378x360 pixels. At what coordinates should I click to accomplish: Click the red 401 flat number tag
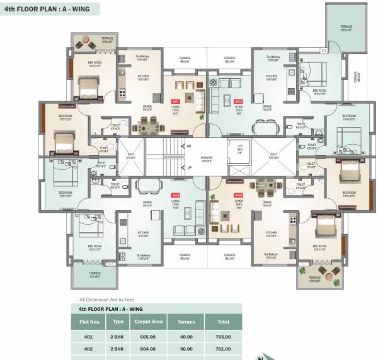(x=176, y=101)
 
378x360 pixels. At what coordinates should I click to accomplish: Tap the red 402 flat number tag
(x=238, y=101)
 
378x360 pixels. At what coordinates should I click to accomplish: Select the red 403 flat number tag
(x=238, y=195)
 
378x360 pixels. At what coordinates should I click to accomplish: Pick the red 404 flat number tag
(x=176, y=195)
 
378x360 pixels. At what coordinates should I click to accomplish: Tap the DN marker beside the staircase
(x=188, y=146)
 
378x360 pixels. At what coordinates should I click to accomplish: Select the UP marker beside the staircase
(x=188, y=168)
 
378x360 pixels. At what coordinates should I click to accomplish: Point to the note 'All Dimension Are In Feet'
(x=106, y=300)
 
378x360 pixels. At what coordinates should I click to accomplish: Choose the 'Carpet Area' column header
(x=149, y=322)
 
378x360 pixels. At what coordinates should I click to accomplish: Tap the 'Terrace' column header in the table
(x=186, y=322)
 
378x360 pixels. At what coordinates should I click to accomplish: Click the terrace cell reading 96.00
(x=186, y=349)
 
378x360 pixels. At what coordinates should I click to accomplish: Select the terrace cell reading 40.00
(x=186, y=336)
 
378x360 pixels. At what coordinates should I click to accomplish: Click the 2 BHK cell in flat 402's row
(x=117, y=349)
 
